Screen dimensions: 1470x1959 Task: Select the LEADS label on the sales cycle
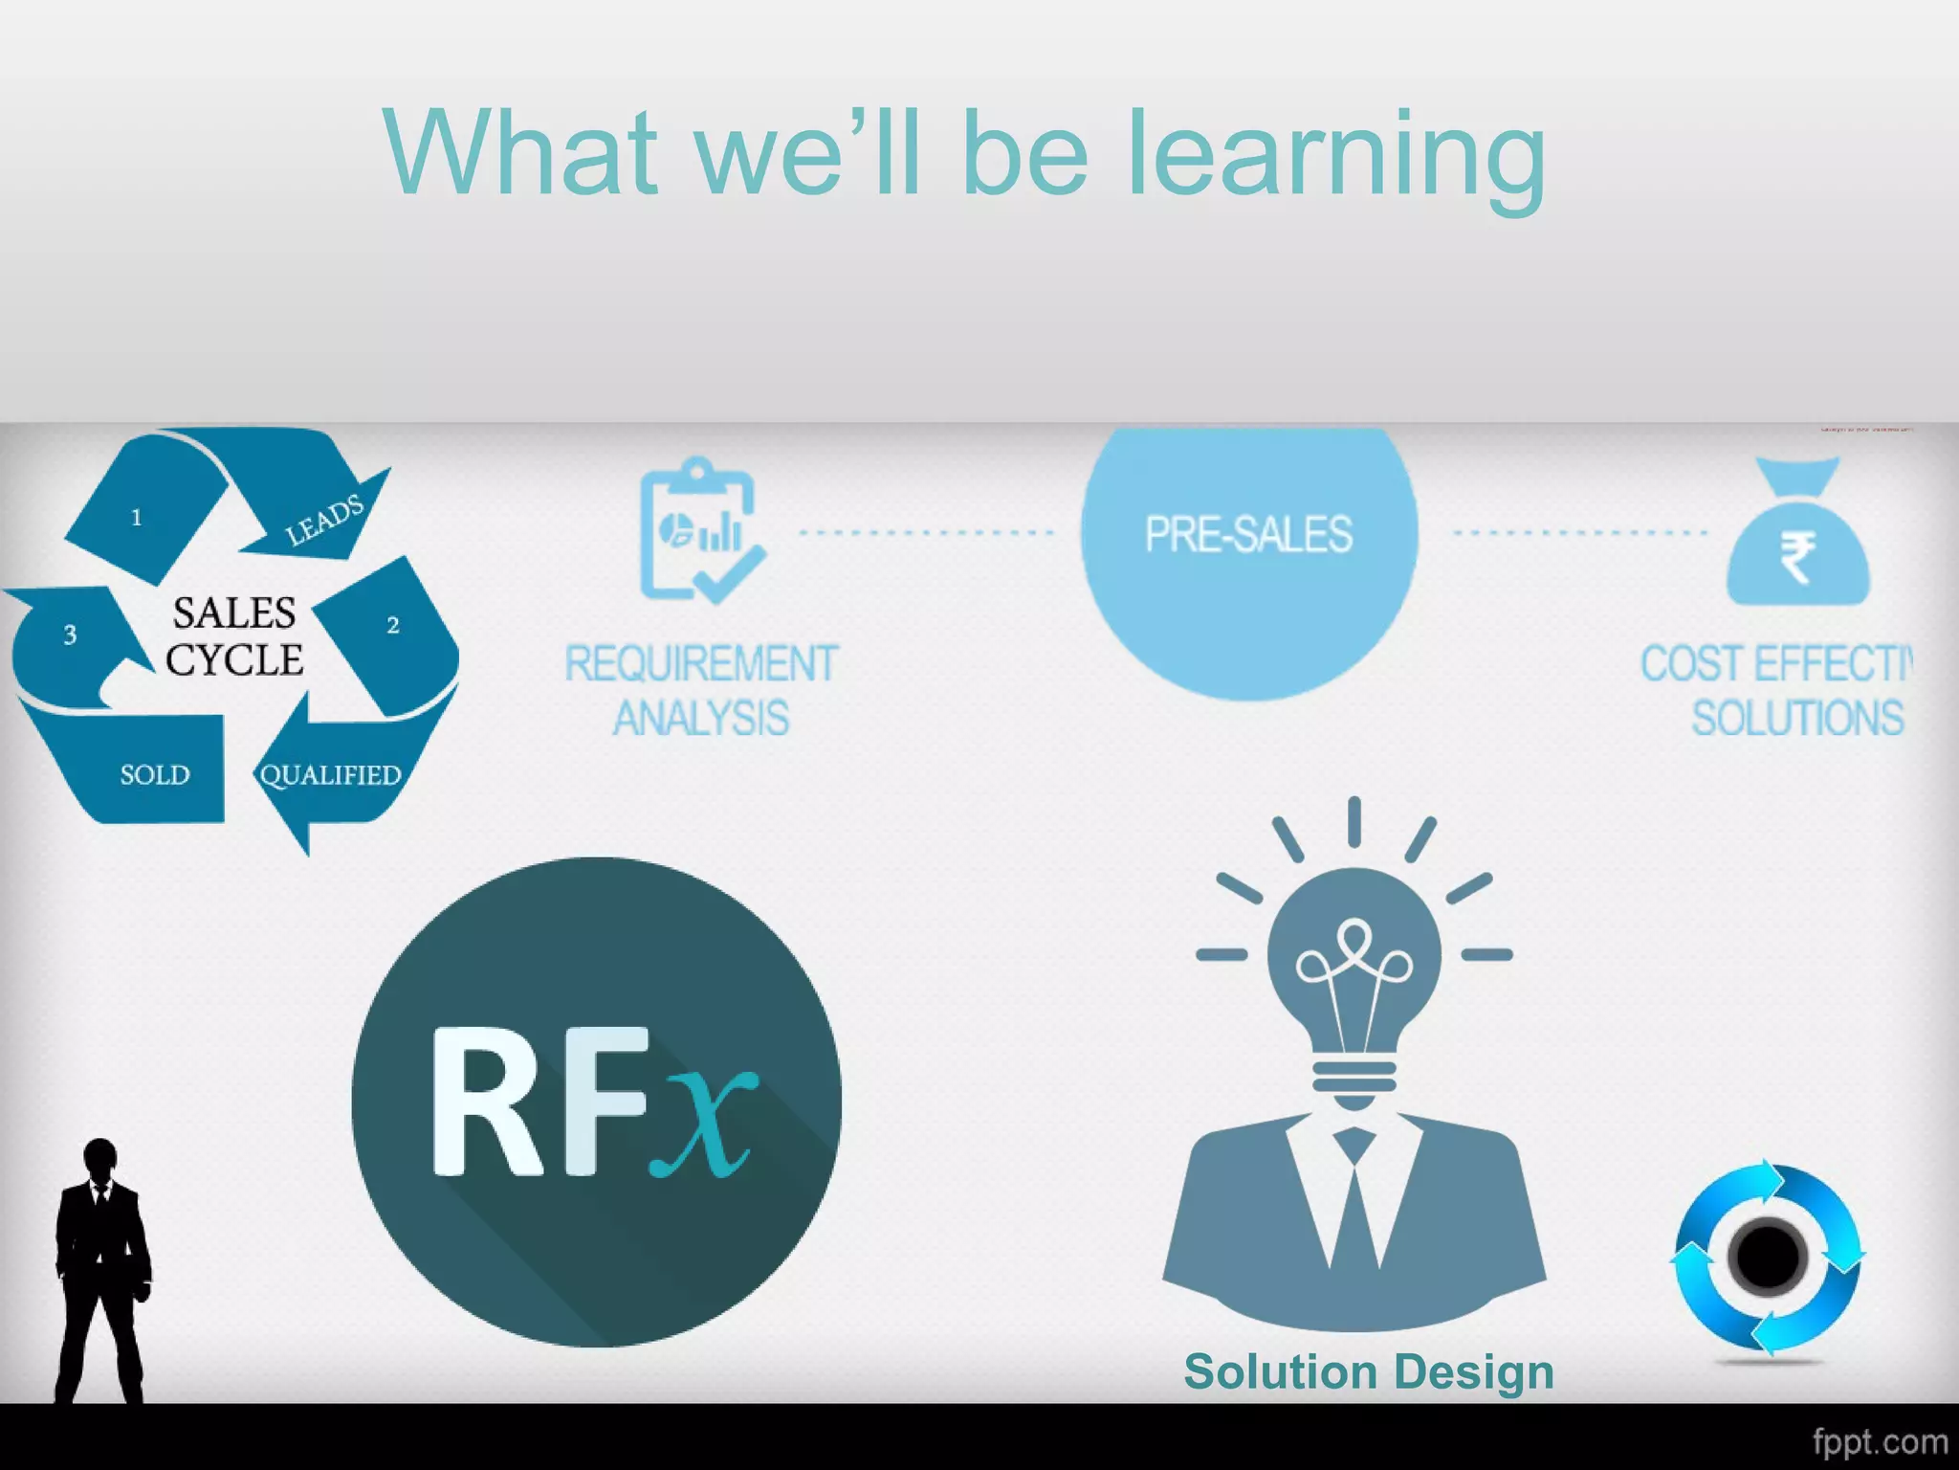point(325,521)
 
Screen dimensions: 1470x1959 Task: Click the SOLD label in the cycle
point(155,774)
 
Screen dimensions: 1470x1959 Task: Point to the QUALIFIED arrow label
point(330,774)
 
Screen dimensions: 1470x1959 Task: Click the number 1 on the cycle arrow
point(137,518)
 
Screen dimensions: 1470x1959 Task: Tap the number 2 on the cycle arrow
point(392,626)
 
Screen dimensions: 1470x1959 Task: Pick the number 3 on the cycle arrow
point(70,635)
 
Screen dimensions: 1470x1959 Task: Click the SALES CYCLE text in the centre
point(233,636)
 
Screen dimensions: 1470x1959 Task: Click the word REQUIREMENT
point(701,664)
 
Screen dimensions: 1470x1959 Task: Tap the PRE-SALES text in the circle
point(1248,534)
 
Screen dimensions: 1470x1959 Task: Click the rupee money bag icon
point(1797,536)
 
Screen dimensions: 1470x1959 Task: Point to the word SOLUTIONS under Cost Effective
point(1797,718)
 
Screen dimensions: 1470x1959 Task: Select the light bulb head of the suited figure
point(1354,967)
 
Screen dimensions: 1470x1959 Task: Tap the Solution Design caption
point(1368,1371)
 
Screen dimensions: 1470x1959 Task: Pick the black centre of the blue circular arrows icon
point(1767,1257)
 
